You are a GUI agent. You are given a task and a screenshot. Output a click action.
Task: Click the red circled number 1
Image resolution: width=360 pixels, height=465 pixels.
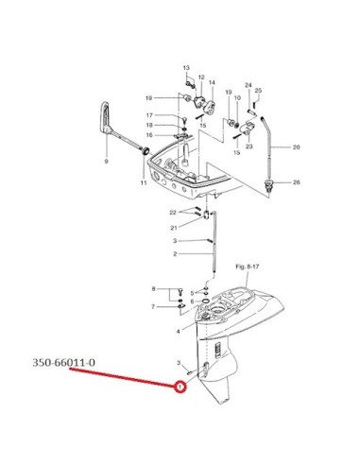[180, 387]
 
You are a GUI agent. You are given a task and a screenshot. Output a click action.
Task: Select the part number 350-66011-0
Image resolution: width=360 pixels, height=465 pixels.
[63, 363]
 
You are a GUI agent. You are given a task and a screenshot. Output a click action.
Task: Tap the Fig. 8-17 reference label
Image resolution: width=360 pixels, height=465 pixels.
[248, 267]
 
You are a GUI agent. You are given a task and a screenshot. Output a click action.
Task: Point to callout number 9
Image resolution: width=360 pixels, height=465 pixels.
[106, 162]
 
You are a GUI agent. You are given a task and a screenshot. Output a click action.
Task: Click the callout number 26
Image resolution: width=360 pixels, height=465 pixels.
[297, 182]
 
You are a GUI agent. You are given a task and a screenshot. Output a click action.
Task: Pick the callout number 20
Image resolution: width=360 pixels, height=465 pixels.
[297, 146]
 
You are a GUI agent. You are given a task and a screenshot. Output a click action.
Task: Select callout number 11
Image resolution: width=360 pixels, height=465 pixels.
[144, 182]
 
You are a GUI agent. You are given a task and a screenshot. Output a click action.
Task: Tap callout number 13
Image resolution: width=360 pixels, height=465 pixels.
[186, 68]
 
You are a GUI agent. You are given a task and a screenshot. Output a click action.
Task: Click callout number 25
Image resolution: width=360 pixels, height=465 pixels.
[258, 91]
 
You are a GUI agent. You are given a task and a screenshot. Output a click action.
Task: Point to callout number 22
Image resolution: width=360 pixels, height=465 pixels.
[173, 213]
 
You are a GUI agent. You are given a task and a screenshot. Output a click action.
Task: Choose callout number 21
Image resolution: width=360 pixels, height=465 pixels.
[174, 228]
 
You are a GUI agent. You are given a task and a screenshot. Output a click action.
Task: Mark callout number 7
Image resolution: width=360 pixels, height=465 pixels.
[153, 306]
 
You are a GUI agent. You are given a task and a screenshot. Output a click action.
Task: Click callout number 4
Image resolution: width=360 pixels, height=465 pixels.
[179, 331]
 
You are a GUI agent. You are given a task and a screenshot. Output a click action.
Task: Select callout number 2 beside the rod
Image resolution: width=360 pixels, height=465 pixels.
[175, 254]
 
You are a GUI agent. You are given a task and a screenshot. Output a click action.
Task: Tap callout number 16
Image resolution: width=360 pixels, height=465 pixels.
[149, 135]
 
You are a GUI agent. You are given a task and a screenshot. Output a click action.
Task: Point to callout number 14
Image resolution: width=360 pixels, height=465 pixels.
[212, 82]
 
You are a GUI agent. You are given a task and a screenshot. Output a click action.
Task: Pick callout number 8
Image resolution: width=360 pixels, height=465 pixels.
[153, 288]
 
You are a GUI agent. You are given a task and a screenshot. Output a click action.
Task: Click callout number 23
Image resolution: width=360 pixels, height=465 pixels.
[249, 146]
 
